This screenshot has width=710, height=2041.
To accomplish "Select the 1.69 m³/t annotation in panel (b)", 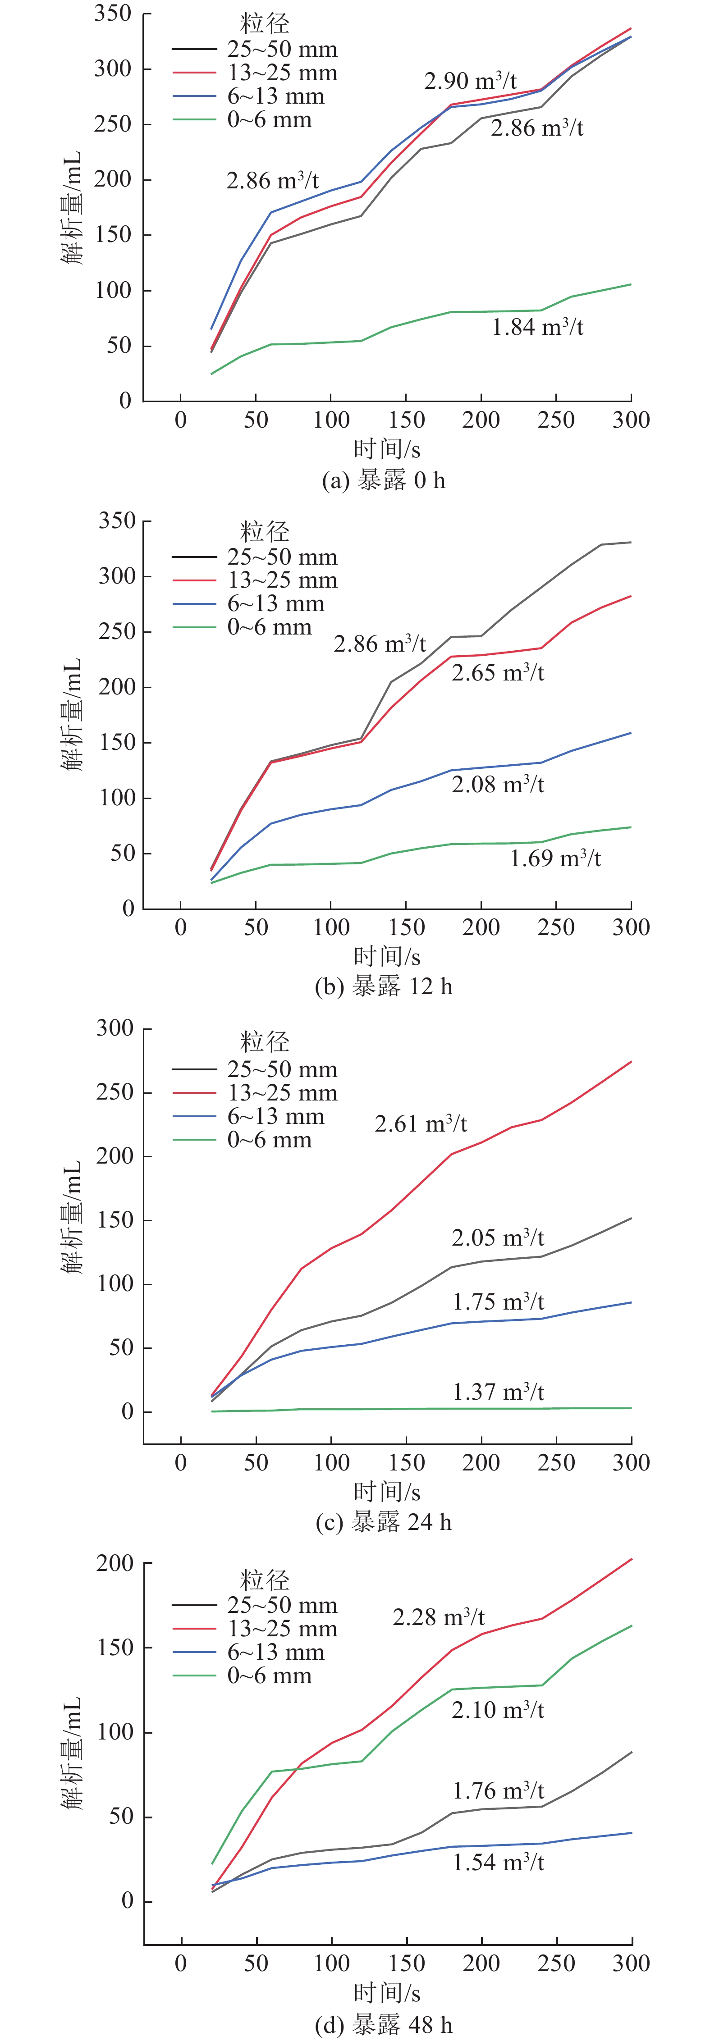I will pyautogui.click(x=554, y=858).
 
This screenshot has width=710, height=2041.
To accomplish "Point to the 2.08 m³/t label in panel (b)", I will pyautogui.click(x=498, y=785).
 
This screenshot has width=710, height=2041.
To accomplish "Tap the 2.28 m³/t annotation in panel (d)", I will pyautogui.click(x=438, y=1616).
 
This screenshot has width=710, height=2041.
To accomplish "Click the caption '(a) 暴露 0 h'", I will pyautogui.click(x=384, y=480).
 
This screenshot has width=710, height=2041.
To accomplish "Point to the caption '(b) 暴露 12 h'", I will pyautogui.click(x=384, y=986).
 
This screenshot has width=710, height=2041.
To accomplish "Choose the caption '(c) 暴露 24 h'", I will pyautogui.click(x=384, y=1522).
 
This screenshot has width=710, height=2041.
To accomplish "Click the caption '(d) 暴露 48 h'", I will pyautogui.click(x=384, y=2025).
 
